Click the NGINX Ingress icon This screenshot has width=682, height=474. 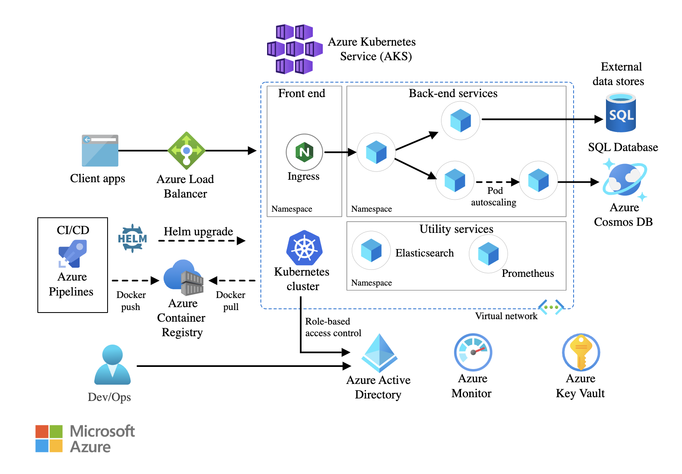[304, 152]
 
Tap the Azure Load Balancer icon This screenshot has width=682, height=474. [186, 151]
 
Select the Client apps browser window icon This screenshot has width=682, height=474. [100, 151]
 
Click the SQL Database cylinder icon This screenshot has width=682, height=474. [621, 112]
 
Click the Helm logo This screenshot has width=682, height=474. [132, 238]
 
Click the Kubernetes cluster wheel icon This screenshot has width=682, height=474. [304, 248]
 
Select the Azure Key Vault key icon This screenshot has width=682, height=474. [581, 352]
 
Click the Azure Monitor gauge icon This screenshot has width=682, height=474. [473, 352]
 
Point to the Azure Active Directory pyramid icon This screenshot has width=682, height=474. [379, 353]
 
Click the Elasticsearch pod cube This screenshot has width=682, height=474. [371, 250]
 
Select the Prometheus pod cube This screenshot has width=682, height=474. [488, 254]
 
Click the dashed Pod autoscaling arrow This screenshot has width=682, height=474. [498, 182]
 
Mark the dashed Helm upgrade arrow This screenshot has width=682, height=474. [202, 241]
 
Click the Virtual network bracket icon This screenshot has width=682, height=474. [551, 307]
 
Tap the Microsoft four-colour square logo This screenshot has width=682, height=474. [49, 438]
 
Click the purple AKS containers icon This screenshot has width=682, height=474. [295, 49]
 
